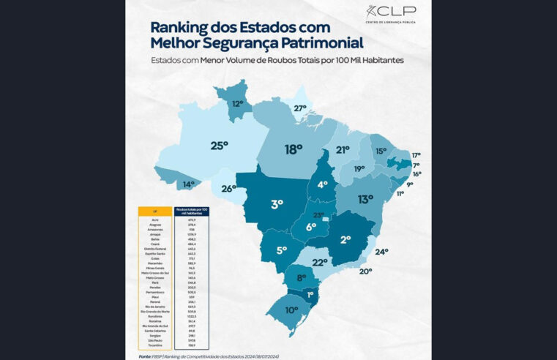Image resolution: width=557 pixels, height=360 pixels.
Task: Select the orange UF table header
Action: tap(154, 211)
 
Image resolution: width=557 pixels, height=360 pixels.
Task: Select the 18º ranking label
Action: tap(294, 149)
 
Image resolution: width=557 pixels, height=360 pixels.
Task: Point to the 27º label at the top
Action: tap(300, 108)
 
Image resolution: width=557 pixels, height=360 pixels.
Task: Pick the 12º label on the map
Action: tap(238, 104)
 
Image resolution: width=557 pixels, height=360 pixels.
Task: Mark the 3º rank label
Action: tap(277, 204)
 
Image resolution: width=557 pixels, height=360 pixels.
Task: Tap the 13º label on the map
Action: tap(366, 199)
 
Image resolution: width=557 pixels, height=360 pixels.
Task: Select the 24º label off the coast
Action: tap(382, 252)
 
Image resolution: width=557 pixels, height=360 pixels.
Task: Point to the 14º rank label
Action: tap(188, 184)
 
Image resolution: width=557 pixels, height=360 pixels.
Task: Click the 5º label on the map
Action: tap(261, 250)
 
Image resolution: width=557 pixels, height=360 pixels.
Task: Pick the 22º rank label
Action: tap(320, 262)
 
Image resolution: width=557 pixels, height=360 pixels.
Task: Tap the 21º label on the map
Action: tap(343, 150)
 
